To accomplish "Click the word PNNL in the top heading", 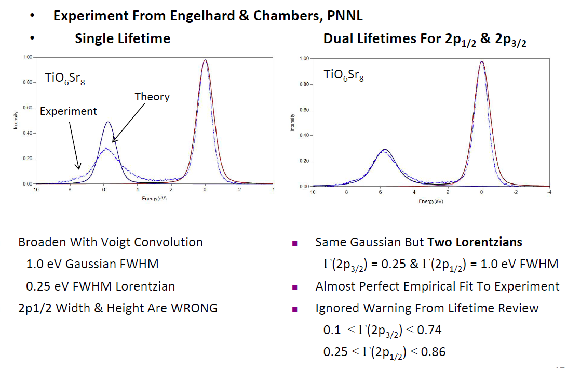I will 345,16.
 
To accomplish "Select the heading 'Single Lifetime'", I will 123,38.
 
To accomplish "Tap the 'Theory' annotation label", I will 152,97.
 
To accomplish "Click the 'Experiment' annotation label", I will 69,111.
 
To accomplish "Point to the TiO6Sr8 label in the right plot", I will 344,75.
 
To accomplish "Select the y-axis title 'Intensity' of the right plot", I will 293,123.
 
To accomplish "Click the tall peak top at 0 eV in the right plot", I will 482,61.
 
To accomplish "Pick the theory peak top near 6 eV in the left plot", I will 107,122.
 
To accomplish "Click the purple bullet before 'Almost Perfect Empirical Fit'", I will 294,287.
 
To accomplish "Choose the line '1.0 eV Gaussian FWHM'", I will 92,264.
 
